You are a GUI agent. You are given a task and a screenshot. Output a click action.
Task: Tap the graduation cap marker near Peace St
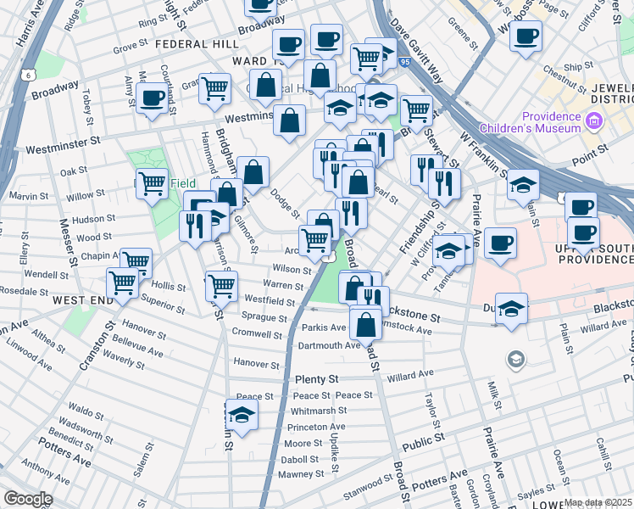pyautogui.click(x=242, y=416)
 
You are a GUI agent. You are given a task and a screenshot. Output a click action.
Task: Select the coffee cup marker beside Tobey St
pyautogui.click(x=153, y=99)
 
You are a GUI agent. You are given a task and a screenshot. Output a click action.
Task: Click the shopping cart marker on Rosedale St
pyautogui.click(x=124, y=282)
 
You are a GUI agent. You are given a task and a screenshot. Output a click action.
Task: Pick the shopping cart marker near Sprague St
pyautogui.click(x=221, y=286)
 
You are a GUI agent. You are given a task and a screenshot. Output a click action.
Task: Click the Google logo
pyautogui.click(x=28, y=499)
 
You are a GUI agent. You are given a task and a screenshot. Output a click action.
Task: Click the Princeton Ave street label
pyautogui.click(x=316, y=427)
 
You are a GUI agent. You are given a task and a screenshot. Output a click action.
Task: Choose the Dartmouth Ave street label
pyautogui.click(x=330, y=345)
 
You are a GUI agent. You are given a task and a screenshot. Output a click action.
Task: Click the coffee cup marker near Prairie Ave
pyautogui.click(x=500, y=242)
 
